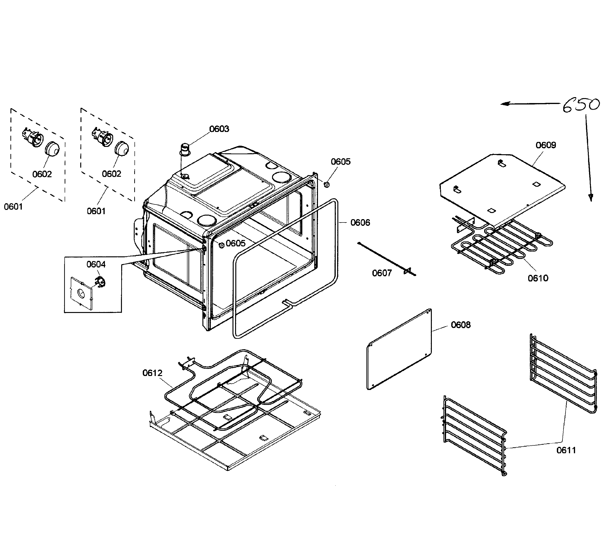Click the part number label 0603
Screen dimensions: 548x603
(x=219, y=129)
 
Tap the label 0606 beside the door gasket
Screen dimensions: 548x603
(x=360, y=223)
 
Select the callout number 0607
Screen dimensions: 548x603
(x=382, y=273)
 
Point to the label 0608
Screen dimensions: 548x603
(x=461, y=325)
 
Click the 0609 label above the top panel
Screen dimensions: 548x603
(x=545, y=145)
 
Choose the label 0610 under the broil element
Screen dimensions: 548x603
(x=538, y=278)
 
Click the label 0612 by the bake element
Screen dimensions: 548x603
(x=152, y=373)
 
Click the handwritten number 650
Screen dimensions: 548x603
(x=581, y=106)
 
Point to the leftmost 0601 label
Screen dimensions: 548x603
(x=13, y=207)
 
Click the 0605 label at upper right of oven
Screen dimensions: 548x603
(x=340, y=162)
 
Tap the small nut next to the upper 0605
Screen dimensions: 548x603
(x=327, y=184)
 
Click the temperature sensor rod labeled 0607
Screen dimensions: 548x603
(x=386, y=259)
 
